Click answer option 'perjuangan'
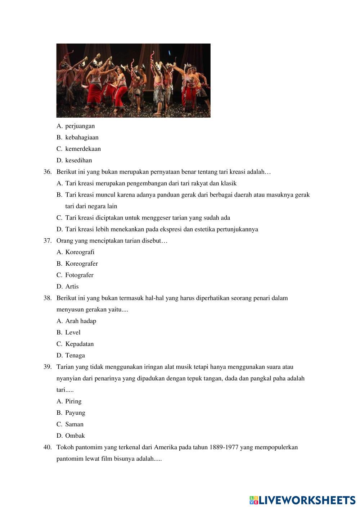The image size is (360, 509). click(x=80, y=126)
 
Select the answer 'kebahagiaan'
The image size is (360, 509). click(x=82, y=138)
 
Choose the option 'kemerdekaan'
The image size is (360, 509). click(x=83, y=149)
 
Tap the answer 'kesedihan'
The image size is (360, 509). click(x=78, y=161)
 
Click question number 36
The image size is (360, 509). click(x=48, y=172)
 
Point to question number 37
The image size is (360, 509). click(x=48, y=241)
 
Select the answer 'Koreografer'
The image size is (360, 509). click(x=81, y=264)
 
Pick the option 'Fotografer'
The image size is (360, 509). click(x=79, y=275)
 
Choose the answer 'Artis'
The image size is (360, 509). click(x=72, y=287)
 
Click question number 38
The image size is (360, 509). click(x=48, y=298)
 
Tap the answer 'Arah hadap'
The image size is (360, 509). click(x=81, y=321)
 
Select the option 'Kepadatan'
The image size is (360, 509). click(x=79, y=344)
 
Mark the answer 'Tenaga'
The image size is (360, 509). click(x=75, y=356)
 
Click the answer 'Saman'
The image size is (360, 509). click(x=74, y=424)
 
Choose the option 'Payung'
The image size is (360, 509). click(x=75, y=413)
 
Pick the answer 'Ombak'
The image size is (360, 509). click(x=75, y=436)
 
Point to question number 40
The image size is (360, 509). click(x=48, y=447)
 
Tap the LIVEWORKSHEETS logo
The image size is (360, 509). click(x=302, y=500)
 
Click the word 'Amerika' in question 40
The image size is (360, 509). click(x=166, y=447)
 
